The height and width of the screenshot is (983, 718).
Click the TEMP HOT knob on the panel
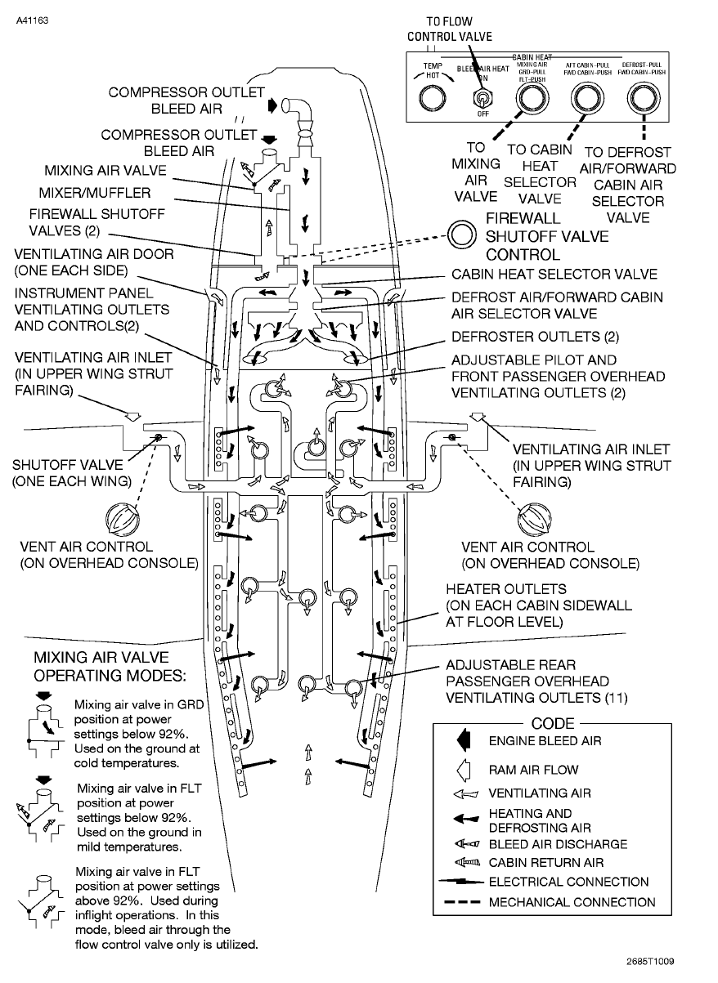tap(432, 99)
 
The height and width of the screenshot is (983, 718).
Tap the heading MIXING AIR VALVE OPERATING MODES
tap(109, 666)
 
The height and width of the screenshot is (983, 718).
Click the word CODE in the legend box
tap(553, 723)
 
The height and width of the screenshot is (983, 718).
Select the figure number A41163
tap(31, 19)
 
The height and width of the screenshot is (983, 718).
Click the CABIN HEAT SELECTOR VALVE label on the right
tap(554, 275)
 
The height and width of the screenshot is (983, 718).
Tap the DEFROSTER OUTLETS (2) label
tap(530, 337)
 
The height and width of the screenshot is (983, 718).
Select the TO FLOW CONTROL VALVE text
tap(450, 29)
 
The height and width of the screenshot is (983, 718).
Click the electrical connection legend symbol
tap(462, 882)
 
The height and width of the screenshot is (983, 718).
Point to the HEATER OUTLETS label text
tap(505, 588)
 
